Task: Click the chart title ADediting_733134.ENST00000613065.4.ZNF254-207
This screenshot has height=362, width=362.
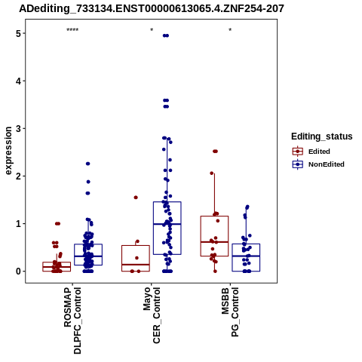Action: click(x=152, y=8)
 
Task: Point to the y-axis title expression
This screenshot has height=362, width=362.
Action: click(x=8, y=151)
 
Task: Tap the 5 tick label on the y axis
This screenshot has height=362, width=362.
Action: click(x=18, y=33)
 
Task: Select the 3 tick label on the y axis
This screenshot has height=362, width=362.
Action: click(x=18, y=128)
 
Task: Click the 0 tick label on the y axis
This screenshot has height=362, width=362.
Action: click(x=18, y=271)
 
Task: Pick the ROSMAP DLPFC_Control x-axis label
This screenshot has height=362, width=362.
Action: click(x=72, y=321)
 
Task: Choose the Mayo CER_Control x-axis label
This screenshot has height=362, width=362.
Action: click(x=152, y=315)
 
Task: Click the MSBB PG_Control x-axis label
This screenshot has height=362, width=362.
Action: click(x=230, y=312)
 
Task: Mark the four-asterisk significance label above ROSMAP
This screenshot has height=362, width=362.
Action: click(x=72, y=30)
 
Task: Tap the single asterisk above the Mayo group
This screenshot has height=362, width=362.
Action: click(x=152, y=30)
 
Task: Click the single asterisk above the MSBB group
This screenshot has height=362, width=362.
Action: click(x=230, y=30)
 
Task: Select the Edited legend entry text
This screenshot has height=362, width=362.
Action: click(x=319, y=152)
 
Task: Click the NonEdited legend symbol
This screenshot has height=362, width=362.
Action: click(x=298, y=164)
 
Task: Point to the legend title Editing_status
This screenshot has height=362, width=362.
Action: click(x=322, y=137)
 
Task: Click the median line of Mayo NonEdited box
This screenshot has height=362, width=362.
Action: click(x=167, y=224)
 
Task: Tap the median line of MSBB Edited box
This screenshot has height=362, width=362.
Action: click(x=214, y=242)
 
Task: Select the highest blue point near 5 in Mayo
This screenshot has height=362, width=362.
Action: click(x=166, y=35)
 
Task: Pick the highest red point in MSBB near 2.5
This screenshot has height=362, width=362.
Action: click(x=215, y=152)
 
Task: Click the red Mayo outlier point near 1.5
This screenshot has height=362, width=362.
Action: click(x=136, y=198)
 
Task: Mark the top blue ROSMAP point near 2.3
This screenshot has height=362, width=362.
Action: click(x=87, y=164)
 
